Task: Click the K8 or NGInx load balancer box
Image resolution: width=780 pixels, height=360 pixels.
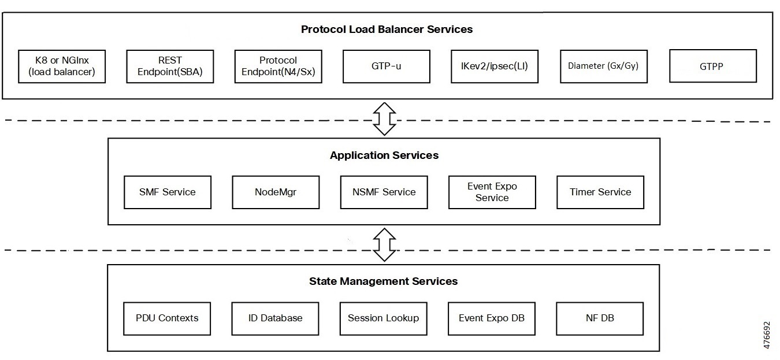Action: [62, 66]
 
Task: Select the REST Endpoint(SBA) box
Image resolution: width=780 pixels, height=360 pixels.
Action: [170, 66]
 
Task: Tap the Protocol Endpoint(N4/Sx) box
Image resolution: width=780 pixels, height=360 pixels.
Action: [278, 66]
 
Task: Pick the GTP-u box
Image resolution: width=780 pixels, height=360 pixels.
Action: [387, 66]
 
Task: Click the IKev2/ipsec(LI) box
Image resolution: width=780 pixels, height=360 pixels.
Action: [495, 66]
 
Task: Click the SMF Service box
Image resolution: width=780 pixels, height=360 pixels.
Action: [168, 192]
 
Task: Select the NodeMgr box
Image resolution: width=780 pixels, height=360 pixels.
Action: [276, 192]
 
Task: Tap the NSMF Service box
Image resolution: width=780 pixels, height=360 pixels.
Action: [384, 192]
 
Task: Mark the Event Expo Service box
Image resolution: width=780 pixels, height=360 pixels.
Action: [492, 192]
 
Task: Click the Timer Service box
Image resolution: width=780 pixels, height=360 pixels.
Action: [600, 192]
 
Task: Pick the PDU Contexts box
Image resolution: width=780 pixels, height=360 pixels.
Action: [167, 318]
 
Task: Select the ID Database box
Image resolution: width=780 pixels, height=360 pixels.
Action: [275, 318]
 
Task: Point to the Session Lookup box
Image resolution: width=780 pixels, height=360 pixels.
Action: [384, 318]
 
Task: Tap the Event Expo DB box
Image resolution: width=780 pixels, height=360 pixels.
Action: [492, 318]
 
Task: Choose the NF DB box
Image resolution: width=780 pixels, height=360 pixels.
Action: [600, 318]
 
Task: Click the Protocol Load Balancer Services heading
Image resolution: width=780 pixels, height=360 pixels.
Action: [387, 29]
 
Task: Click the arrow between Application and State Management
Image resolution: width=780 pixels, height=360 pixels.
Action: [384, 244]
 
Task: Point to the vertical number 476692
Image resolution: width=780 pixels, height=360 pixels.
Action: [767, 336]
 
